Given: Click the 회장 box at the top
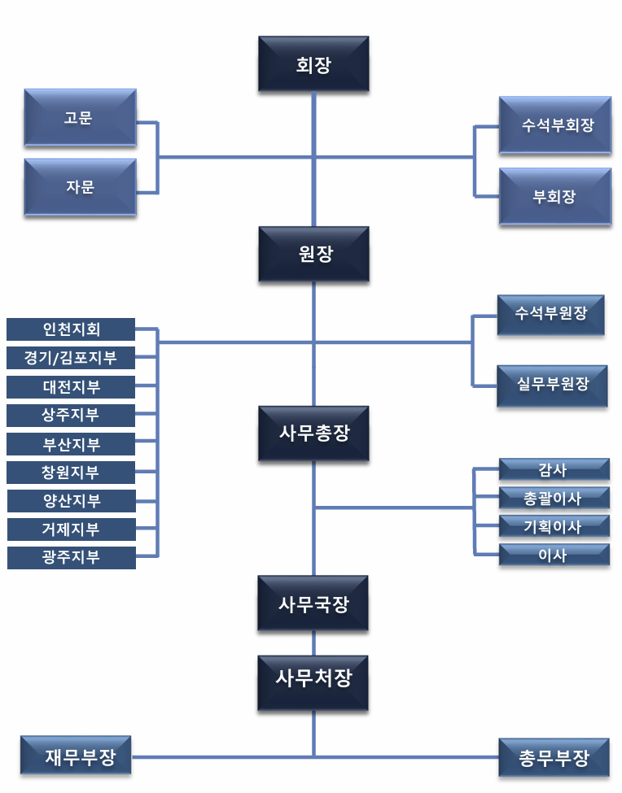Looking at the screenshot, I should coord(313,64).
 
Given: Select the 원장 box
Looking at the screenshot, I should coord(313,254).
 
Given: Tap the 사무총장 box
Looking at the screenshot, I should coord(313,434).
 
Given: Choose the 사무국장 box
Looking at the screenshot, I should coord(313,603).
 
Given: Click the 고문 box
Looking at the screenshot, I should coord(80,118).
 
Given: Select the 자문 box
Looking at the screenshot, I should coord(80,187).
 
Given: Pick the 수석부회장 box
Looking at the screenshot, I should coord(555,125).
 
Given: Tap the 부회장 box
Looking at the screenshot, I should coord(555,196).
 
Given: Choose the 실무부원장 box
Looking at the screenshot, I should coord(552,385).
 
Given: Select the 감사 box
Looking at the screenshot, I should coord(554,469).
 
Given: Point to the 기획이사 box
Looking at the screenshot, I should coord(554,526).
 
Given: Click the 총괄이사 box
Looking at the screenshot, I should coord(554,498).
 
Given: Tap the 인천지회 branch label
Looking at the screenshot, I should coord(71,329).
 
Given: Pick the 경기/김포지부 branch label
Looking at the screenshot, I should coord(71,358).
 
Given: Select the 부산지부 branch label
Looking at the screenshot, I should coord(71,444).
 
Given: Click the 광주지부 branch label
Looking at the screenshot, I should coord(71,558).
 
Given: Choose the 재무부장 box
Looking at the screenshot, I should coord(76,757).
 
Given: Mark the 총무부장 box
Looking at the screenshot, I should coord(554,759).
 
